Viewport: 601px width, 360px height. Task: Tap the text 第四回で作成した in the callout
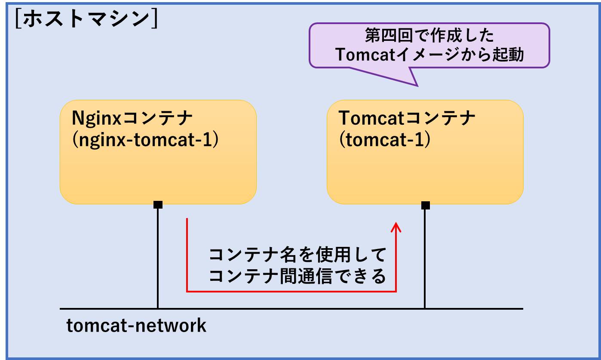coord(429,36)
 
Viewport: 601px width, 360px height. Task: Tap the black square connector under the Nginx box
coord(158,204)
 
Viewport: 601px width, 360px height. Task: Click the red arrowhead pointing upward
coord(396,226)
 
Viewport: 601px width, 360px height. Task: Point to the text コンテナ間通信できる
coord(297,277)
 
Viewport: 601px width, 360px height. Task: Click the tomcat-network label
coord(136,326)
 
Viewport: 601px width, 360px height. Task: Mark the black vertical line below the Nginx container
coord(158,258)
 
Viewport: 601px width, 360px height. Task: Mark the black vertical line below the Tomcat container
coord(425,258)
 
